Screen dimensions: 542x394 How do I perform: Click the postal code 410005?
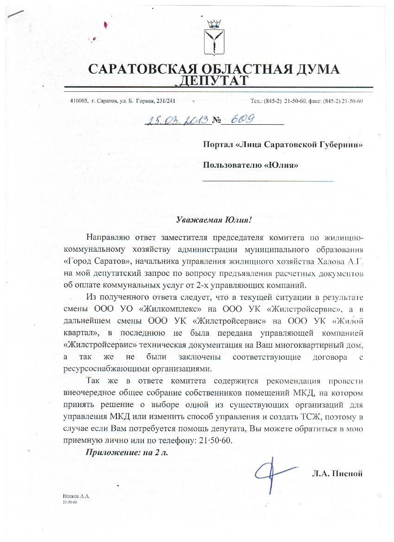tap(78, 101)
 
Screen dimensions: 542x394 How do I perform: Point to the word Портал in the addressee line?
tap(218, 145)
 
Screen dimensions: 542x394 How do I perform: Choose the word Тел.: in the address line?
tap(257, 101)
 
